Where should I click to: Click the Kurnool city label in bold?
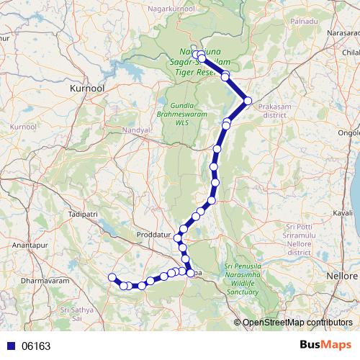87,87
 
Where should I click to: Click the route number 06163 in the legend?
36,346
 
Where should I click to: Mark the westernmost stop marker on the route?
112,277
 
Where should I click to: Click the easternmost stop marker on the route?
248,101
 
